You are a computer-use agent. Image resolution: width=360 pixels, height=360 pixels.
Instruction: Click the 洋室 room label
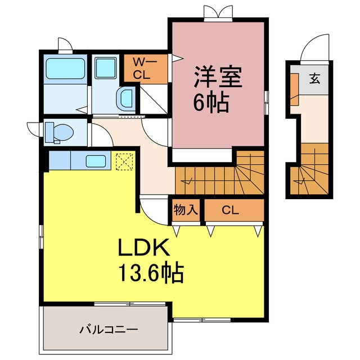(218, 78)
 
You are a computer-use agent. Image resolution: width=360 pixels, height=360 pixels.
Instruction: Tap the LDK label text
(144, 247)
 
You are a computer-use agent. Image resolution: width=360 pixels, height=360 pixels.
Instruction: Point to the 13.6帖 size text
(151, 273)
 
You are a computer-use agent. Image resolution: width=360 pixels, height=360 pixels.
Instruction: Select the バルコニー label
(109, 330)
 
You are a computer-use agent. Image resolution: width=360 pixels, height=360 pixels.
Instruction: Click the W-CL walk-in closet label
(145, 68)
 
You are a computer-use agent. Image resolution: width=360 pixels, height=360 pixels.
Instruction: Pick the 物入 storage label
(186, 210)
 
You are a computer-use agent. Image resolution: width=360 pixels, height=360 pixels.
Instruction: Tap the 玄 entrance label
(314, 79)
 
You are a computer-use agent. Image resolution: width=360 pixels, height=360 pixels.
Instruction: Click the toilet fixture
(59, 133)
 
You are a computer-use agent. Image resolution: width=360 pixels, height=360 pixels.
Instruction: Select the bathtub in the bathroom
(65, 69)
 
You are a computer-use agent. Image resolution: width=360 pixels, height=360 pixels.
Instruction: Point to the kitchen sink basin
(96, 161)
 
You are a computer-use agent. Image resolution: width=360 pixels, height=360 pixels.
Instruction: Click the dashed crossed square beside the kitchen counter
(124, 162)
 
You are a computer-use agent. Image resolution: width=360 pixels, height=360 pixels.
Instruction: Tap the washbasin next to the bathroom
(125, 99)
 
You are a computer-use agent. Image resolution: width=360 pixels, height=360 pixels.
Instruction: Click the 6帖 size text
(211, 102)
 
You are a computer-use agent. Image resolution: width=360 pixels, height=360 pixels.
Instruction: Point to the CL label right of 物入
(230, 210)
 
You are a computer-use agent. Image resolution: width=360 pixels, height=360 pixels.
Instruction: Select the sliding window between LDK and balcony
(130, 304)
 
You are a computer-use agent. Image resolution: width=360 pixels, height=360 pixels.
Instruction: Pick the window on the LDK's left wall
(41, 237)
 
